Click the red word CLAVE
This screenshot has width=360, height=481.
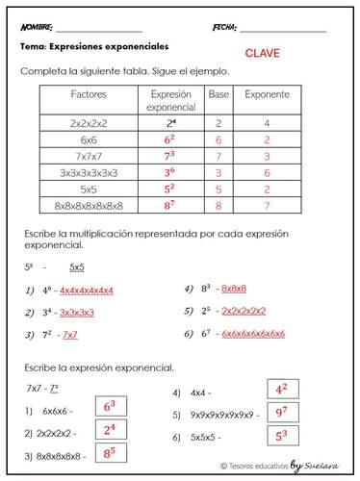click(262, 54)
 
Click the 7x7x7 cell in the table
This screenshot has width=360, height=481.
click(89, 156)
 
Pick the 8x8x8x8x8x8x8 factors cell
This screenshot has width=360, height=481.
click(90, 205)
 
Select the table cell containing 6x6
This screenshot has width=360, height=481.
click(89, 139)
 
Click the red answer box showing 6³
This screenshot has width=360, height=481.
click(108, 407)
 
